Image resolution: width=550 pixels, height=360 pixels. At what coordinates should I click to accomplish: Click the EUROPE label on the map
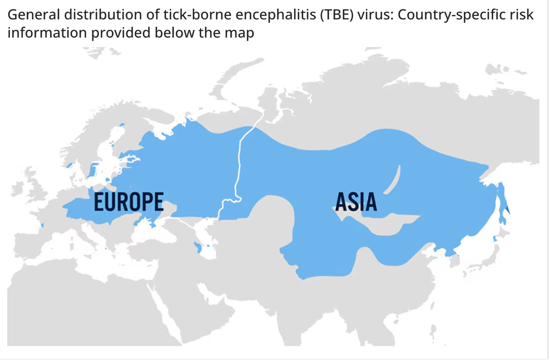(129, 202)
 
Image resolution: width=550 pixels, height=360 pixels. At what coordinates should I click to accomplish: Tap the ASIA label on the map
(356, 202)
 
